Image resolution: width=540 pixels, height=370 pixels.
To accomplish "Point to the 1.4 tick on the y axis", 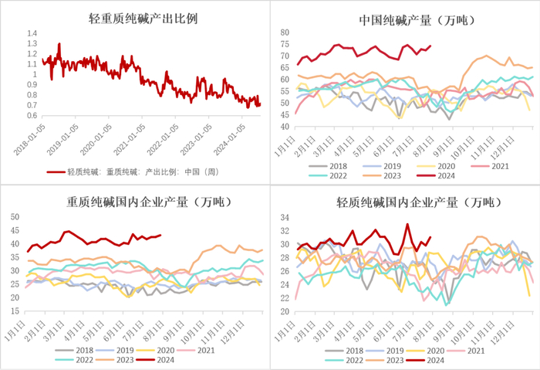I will [x=32, y=34].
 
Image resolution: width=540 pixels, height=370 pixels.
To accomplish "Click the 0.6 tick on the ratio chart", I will [x=32, y=116].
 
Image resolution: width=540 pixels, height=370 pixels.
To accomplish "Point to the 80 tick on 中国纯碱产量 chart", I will [x=284, y=32].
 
